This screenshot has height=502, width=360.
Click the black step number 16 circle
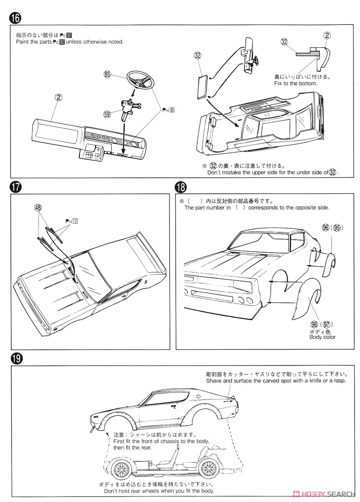point(15,18)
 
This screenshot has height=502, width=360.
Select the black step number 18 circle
point(181,187)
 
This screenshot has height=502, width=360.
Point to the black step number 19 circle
point(15,358)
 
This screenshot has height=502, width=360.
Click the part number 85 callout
point(107,75)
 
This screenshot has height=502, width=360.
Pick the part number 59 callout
point(107,113)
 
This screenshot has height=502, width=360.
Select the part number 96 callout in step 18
point(326,228)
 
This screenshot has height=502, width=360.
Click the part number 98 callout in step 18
point(314,324)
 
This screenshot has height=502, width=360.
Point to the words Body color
point(322,337)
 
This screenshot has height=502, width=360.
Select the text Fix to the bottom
point(296,83)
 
